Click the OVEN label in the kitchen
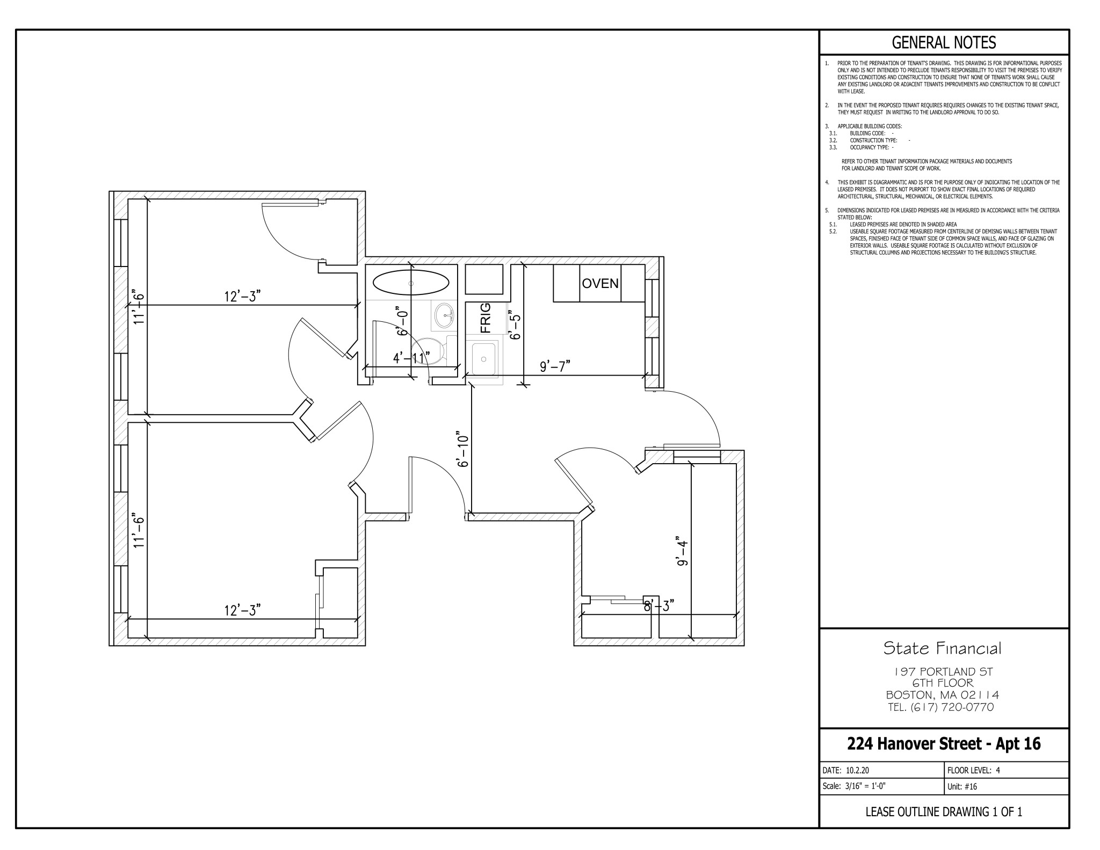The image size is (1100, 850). point(600,283)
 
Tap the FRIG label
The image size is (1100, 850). point(485,318)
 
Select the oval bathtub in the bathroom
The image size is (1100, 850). point(411,283)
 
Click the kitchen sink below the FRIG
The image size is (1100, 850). point(484,357)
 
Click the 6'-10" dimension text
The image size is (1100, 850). point(463,448)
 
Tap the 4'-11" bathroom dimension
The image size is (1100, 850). point(411,358)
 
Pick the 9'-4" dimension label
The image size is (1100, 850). point(682,551)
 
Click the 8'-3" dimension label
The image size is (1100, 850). point(658,606)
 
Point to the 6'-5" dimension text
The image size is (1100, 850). point(515,324)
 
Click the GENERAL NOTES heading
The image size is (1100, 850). point(944,42)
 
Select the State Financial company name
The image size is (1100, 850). point(943,649)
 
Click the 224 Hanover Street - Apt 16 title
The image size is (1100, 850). point(944,744)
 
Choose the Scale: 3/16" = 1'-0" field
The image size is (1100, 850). point(854,787)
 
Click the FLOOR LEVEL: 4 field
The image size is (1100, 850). point(974,770)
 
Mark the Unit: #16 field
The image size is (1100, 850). point(962,787)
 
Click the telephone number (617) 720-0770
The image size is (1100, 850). point(952,707)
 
